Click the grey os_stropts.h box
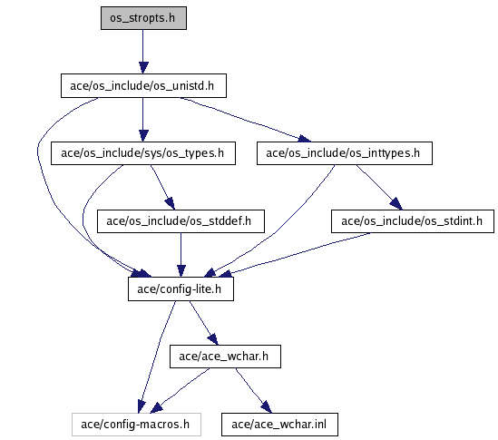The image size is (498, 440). [143, 18]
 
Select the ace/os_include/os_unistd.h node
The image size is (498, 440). [143, 86]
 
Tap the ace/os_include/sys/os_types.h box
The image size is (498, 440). [143, 153]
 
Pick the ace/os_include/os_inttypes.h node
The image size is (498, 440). [345, 153]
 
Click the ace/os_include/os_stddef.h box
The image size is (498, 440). [181, 221]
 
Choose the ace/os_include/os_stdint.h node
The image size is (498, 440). [413, 221]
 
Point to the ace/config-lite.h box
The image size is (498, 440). [181, 288]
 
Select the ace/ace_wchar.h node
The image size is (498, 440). [225, 357]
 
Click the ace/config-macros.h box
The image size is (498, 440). [136, 425]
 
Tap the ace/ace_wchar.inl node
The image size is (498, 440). [279, 425]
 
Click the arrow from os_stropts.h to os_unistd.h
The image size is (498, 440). [143, 52]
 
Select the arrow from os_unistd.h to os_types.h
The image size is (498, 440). [143, 120]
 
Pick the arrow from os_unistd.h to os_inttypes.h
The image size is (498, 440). [246, 120]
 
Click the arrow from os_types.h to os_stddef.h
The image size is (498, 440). [162, 187]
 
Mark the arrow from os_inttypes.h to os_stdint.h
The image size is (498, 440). [379, 187]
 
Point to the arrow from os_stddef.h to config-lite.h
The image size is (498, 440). [181, 255]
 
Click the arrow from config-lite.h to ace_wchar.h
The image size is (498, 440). [203, 323]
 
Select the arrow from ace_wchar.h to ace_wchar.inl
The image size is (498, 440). [253, 391]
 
